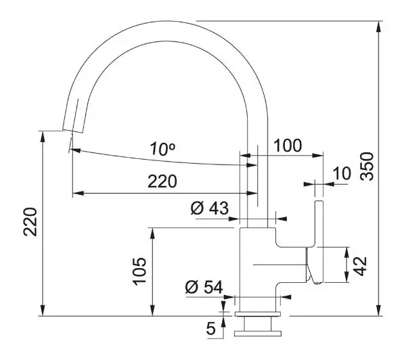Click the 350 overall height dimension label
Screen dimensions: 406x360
pyautogui.click(x=367, y=166)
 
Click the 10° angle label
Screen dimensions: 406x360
pyautogui.click(x=162, y=149)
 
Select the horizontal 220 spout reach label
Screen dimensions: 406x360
pyautogui.click(x=162, y=181)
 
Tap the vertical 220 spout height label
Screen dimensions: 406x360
pyautogui.click(x=30, y=222)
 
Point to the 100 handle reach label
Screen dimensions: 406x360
pyautogui.click(x=288, y=145)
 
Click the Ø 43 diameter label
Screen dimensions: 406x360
pyautogui.click(x=210, y=208)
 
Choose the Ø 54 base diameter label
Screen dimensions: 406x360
pyautogui.click(x=204, y=287)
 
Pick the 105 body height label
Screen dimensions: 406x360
pyautogui.click(x=140, y=271)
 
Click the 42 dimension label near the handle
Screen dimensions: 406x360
pyautogui.click(x=360, y=266)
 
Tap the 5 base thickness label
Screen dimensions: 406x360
pyautogui.click(x=211, y=328)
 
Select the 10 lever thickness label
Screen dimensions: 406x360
pyautogui.click(x=342, y=173)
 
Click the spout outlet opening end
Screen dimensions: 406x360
pyautogui.click(x=73, y=131)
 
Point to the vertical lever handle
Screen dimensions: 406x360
pyautogui.click(x=319, y=242)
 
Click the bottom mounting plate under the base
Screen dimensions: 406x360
pyautogui.click(x=258, y=334)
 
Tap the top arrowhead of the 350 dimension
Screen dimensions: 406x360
pyautogui.click(x=379, y=26)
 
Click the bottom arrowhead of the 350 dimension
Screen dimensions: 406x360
pyautogui.click(x=379, y=310)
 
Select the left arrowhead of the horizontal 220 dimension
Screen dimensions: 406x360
pyautogui.click(x=78, y=194)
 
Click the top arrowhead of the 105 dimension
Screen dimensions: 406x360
pyautogui.click(x=153, y=234)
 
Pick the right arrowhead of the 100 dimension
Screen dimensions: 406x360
pyautogui.click(x=318, y=156)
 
